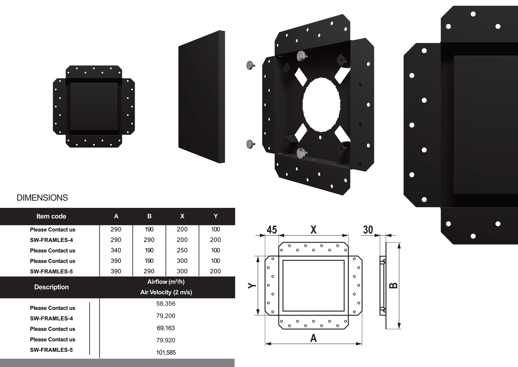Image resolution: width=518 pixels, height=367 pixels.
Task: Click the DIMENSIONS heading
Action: click(42, 198)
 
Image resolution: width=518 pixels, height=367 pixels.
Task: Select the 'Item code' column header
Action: click(51, 216)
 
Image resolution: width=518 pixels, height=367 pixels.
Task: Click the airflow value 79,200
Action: click(166, 316)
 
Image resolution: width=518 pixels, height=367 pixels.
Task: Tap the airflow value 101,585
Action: click(166, 353)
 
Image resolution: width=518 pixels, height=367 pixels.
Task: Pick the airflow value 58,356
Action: click(166, 304)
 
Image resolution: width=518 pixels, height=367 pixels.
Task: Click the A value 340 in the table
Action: click(116, 250)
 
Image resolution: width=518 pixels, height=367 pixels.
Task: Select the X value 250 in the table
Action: click(182, 250)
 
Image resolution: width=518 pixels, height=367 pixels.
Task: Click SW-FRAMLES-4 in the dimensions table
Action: click(51, 240)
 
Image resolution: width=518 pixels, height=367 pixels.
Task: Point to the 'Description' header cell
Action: click(51, 287)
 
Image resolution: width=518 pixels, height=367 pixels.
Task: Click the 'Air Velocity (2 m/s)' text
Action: click(166, 292)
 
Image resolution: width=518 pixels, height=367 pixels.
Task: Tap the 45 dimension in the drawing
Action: click(272, 230)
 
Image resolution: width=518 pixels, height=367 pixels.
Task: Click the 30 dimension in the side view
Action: click(368, 230)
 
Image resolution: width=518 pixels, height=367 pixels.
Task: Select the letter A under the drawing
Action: click(313, 338)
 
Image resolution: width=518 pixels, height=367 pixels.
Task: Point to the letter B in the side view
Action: click(394, 285)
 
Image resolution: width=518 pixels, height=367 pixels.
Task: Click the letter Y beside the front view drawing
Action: click(252, 285)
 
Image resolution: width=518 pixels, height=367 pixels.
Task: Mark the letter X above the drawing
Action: click(313, 230)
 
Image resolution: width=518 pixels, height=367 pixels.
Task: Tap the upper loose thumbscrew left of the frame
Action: click(250, 65)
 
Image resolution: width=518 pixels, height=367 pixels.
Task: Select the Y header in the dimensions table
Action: click(215, 216)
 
